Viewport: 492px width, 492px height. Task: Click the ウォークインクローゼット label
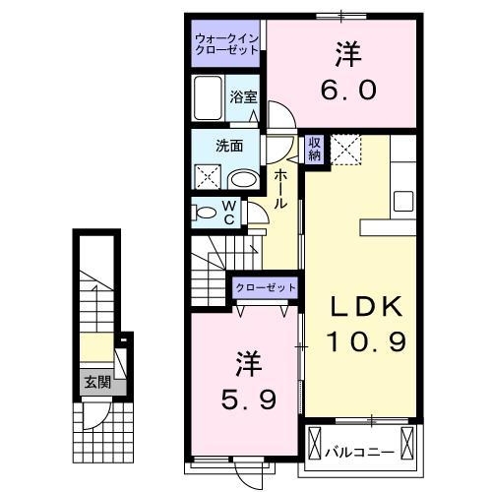(226, 43)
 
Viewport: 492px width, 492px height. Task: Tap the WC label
(228, 213)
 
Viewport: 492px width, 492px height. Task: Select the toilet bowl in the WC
(204, 212)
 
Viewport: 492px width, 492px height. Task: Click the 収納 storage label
(314, 148)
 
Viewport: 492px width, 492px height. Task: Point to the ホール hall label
(281, 188)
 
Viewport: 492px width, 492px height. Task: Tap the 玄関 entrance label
(95, 382)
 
